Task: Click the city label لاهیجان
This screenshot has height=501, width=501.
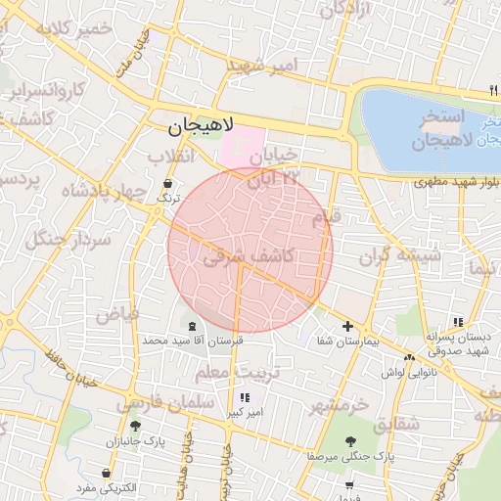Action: point(202,125)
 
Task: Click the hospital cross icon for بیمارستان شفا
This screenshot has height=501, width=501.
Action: point(347,326)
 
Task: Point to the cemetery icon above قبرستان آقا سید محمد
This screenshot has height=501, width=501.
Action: point(191,325)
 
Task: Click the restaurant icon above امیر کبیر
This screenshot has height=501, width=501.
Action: point(245,397)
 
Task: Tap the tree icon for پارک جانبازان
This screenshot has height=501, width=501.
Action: point(134,426)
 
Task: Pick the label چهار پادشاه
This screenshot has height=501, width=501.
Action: point(104,191)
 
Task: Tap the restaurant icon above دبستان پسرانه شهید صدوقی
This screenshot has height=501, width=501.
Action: point(457,322)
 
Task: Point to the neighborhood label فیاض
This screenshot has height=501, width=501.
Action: point(117,314)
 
